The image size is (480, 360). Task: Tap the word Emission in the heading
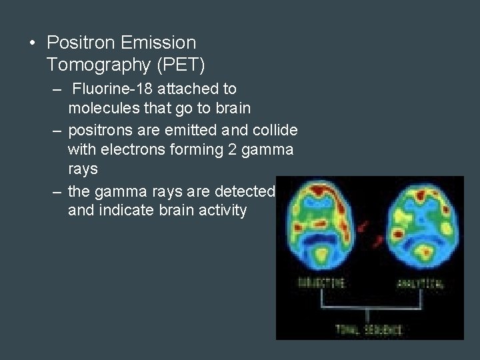[x=162, y=43]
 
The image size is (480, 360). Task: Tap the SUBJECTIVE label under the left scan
[x=321, y=283]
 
